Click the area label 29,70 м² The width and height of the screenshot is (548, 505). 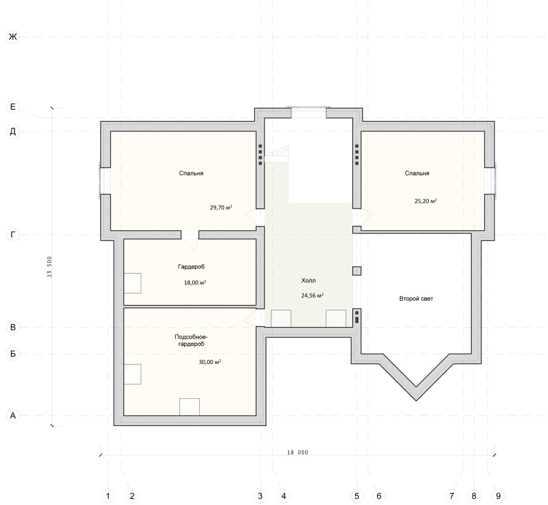pos(221,207)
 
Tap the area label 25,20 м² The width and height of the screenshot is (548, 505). pos(426,201)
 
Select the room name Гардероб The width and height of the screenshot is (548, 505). pos(191,267)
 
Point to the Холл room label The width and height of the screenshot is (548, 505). pos(308,280)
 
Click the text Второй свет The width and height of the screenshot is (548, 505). pos(416,299)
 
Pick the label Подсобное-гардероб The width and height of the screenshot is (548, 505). pos(191,340)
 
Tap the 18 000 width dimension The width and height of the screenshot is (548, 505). pos(297,453)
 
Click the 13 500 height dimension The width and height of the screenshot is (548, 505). pos(49,267)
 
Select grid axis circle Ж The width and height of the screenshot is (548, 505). pos(13,37)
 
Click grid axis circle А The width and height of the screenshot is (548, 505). pos(13,416)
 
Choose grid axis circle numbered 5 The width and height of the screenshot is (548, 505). pos(357,496)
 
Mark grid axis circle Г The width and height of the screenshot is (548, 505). pos(13,234)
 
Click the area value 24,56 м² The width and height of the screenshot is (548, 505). pos(312,295)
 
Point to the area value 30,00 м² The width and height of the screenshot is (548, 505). pos(210,362)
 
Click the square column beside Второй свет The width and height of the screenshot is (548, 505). pos(357,271)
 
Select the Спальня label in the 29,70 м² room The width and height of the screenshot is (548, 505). pos(191,174)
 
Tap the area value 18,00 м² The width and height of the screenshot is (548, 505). pos(195,283)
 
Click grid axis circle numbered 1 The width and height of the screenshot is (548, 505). pos(108,496)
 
